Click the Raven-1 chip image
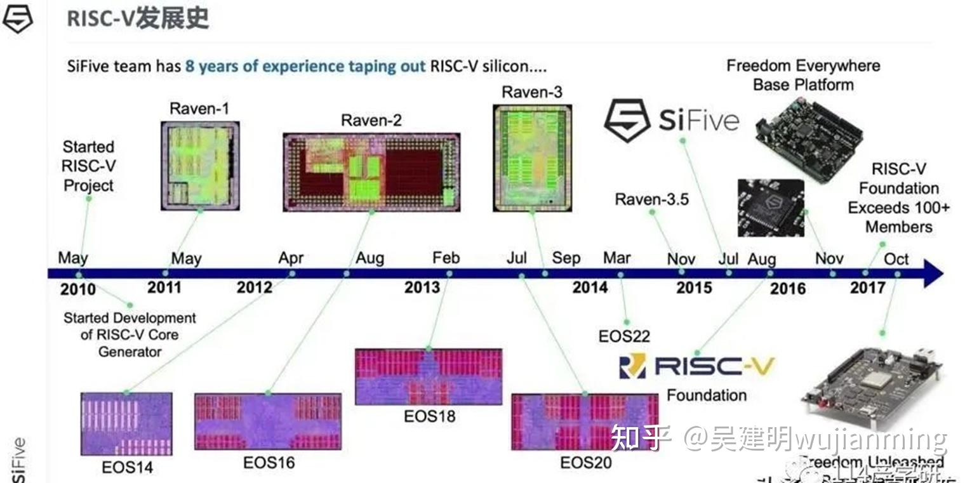coord(200,166)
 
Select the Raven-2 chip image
coord(371,172)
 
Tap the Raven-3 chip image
coord(531,157)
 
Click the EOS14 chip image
coord(126,423)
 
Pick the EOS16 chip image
coord(267,421)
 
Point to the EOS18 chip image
coord(428,376)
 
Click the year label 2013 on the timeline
coord(422,288)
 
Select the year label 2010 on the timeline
coord(78,289)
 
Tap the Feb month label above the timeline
coord(446,258)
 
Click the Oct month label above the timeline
coord(896,259)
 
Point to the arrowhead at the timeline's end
coord(933,274)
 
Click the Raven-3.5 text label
coord(651,199)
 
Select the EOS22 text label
coord(624,336)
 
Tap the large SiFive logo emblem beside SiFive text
coord(626,120)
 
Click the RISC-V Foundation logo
coord(697,366)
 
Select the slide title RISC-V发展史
coord(138,19)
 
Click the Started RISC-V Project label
coord(88,166)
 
